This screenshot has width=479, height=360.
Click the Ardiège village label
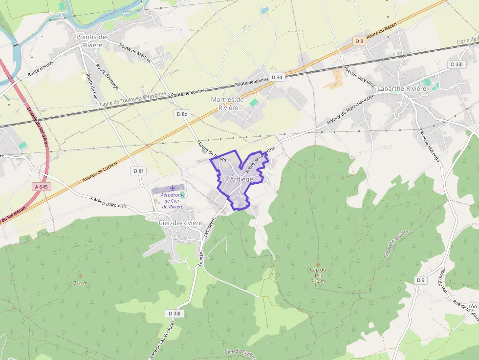(x=241, y=179)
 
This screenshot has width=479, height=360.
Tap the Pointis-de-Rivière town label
(x=92, y=41)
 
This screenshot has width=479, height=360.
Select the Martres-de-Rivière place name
(x=228, y=104)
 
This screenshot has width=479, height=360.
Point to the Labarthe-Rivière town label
(x=402, y=89)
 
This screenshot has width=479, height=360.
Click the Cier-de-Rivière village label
(x=180, y=223)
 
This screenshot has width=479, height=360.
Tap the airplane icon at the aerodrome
(x=172, y=189)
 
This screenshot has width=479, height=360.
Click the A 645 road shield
(x=43, y=187)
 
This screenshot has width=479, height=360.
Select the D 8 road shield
(x=359, y=41)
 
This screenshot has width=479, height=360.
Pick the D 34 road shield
(x=277, y=77)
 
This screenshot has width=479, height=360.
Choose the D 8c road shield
(x=181, y=114)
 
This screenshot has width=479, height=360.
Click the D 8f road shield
(x=139, y=171)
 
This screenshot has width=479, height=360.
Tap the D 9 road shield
(x=421, y=280)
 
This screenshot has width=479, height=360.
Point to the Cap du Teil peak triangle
(x=318, y=264)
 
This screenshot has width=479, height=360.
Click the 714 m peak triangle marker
(x=81, y=276)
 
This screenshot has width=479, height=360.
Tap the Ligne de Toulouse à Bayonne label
(x=133, y=100)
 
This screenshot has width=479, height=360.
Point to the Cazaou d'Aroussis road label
(x=109, y=202)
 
